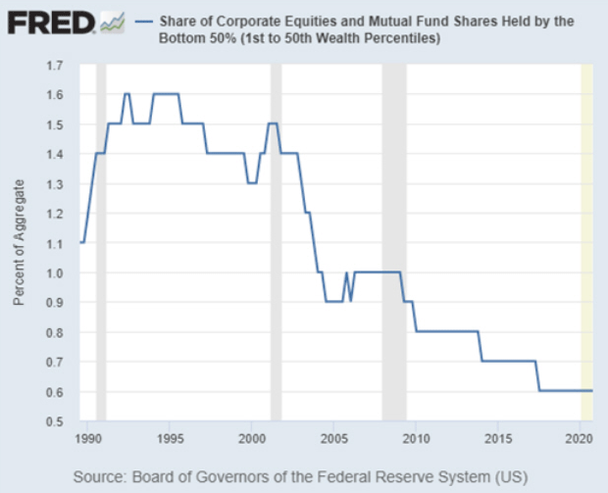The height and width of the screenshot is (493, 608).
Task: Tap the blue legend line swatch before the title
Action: pos(146,21)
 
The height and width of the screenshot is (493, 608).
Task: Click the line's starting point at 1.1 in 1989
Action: pos(81,242)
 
